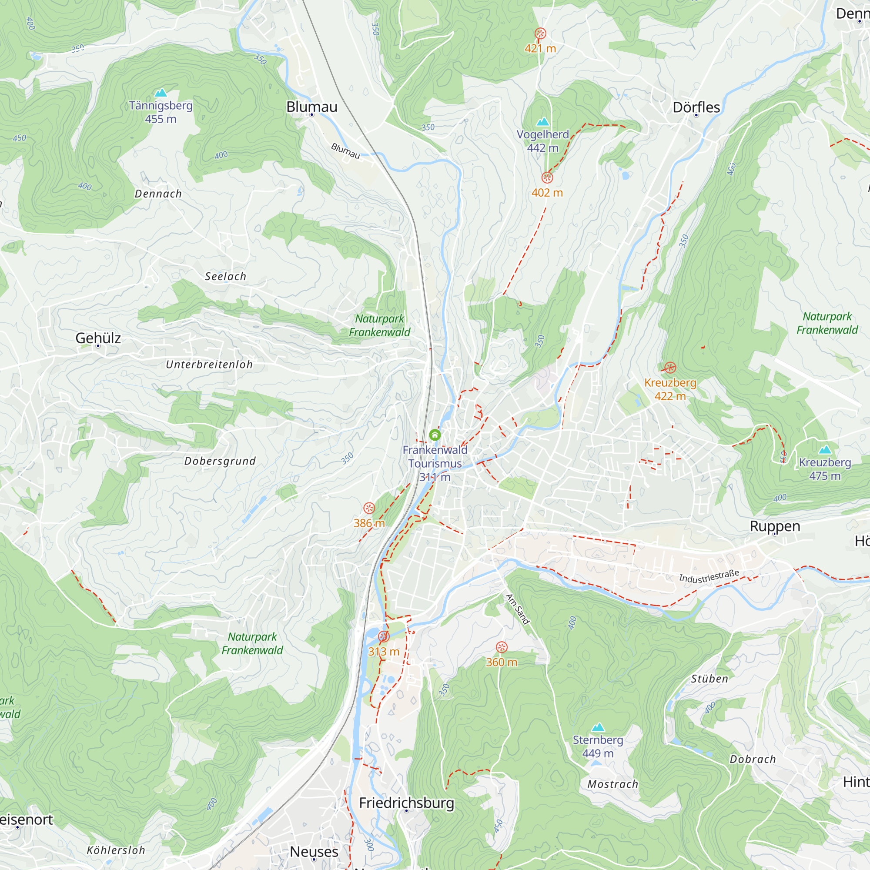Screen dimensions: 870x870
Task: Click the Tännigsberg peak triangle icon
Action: click(x=161, y=93)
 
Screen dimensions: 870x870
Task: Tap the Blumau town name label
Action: click(x=311, y=107)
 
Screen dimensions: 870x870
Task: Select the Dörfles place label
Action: click(x=696, y=107)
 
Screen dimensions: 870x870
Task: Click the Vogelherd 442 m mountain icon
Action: click(x=543, y=122)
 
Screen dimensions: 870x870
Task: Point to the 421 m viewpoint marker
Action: click(x=540, y=34)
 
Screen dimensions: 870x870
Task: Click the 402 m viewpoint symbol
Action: click(x=547, y=177)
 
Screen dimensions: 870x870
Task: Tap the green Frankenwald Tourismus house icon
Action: click(x=435, y=435)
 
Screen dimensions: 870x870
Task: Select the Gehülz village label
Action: click(x=98, y=338)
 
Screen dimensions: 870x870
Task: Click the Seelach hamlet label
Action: click(x=226, y=277)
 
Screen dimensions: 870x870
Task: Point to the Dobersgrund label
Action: click(x=220, y=461)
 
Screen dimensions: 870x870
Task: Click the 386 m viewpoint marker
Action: click(x=369, y=509)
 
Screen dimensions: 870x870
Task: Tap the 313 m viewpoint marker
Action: click(x=384, y=636)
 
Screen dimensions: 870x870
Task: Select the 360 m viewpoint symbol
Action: click(x=502, y=647)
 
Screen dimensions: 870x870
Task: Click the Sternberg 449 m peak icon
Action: click(x=598, y=727)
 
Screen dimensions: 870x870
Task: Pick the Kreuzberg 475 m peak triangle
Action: click(x=825, y=449)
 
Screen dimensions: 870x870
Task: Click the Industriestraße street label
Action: click(x=709, y=577)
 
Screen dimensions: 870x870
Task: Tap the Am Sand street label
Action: click(x=517, y=609)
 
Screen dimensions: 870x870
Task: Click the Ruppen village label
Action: click(x=775, y=526)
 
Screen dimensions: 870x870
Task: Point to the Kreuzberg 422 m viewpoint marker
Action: click(x=670, y=368)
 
